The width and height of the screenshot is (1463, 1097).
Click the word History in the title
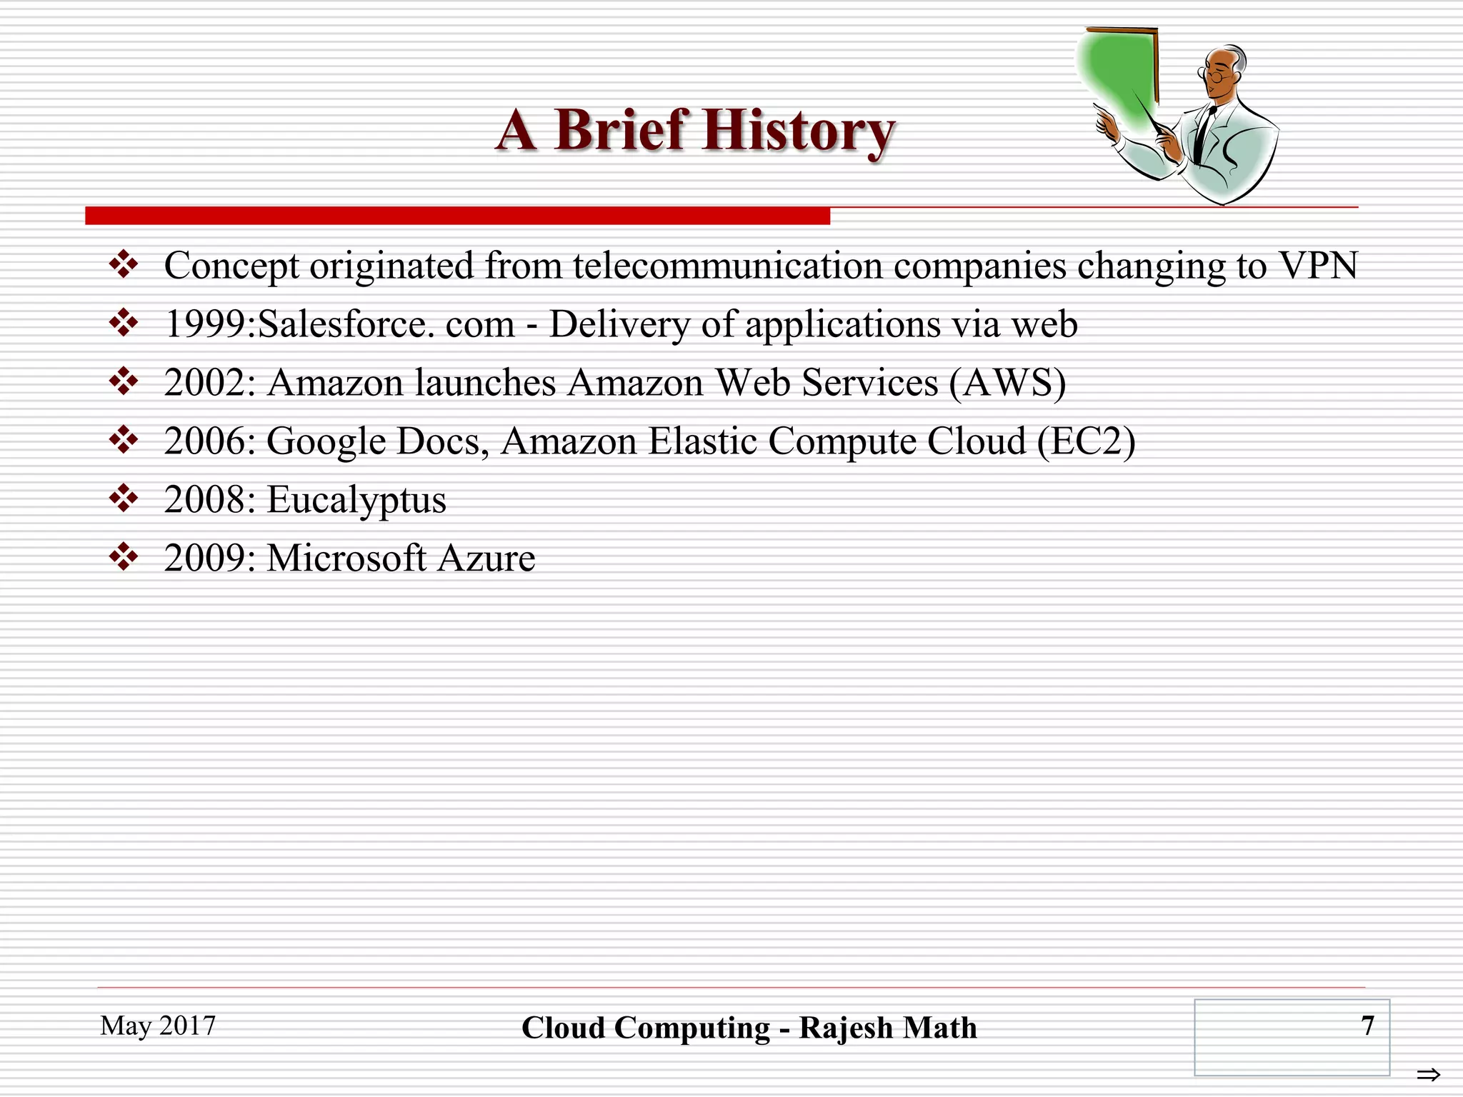798,132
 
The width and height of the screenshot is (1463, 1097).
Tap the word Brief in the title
620,131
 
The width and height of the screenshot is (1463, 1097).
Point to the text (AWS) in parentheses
1007,383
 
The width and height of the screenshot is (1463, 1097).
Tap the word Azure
486,558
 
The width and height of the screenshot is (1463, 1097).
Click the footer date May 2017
158,1026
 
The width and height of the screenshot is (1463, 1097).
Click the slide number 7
1367,1026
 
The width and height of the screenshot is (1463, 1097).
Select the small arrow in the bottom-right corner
1428,1075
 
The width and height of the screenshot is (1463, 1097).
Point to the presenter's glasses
1217,74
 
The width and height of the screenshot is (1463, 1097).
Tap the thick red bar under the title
457,216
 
